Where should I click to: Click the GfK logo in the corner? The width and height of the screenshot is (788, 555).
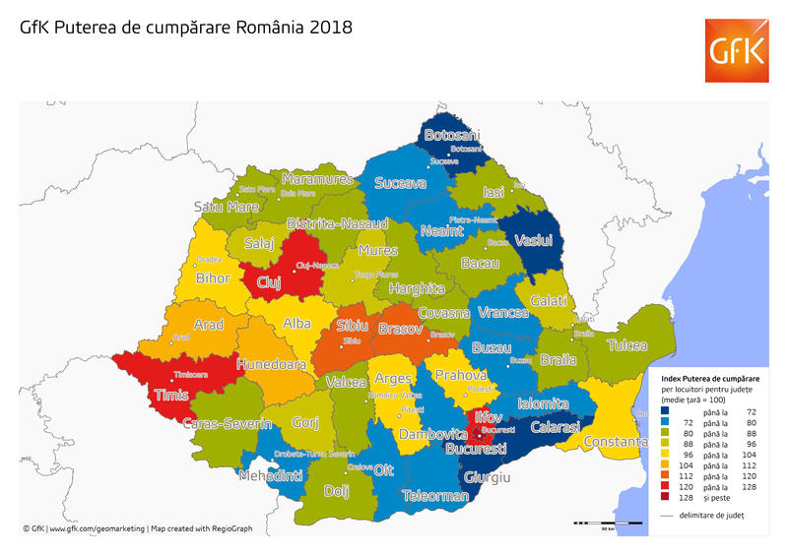click(737, 50)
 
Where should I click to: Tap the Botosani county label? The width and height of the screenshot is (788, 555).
click(451, 135)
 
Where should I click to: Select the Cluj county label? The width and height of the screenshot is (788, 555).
click(269, 282)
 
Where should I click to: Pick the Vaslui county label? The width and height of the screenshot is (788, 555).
click(533, 240)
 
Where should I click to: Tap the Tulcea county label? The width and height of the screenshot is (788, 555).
click(627, 345)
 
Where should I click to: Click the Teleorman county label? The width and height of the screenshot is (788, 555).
click(435, 496)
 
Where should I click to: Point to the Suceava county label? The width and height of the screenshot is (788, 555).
click(399, 183)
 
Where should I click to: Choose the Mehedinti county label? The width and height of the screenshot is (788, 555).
click(271, 476)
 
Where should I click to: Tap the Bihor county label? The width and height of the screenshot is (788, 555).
click(214, 278)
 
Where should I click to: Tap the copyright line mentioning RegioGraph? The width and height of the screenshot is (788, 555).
click(138, 528)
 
